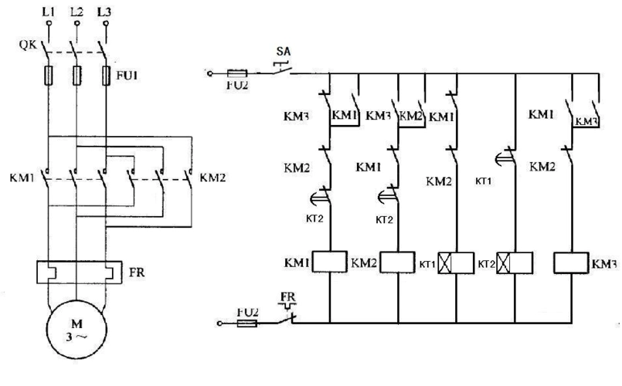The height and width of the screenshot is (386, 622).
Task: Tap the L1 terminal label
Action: click(49, 12)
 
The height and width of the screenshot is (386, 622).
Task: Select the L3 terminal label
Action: click(104, 12)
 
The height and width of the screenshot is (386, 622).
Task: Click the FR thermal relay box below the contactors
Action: click(76, 274)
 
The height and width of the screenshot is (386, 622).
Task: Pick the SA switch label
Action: click(283, 51)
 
